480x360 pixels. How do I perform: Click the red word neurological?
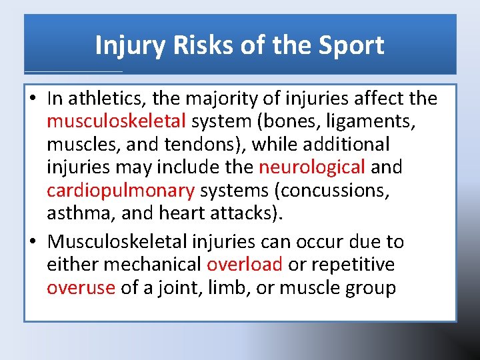312,167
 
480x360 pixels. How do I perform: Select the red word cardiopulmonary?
120,191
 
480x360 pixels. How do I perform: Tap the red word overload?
245,264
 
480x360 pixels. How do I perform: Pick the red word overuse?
80,288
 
